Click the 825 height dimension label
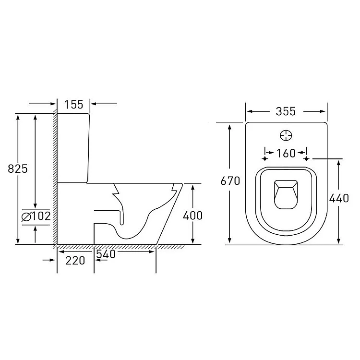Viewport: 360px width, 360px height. pyautogui.click(x=18, y=169)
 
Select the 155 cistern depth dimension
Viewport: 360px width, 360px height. pyautogui.click(x=74, y=105)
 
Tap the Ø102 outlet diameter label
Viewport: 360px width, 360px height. pyautogui.click(x=36, y=216)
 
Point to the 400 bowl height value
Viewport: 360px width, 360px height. pyautogui.click(x=192, y=216)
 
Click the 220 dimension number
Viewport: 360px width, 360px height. pyautogui.click(x=75, y=261)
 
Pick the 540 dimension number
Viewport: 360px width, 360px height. pyautogui.click(x=106, y=254)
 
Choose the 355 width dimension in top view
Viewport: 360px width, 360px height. pyautogui.click(x=286, y=111)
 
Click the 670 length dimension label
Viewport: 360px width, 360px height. pyautogui.click(x=230, y=181)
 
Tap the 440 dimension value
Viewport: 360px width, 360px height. pyautogui.click(x=339, y=198)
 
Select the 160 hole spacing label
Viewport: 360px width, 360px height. pyautogui.click(x=286, y=154)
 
